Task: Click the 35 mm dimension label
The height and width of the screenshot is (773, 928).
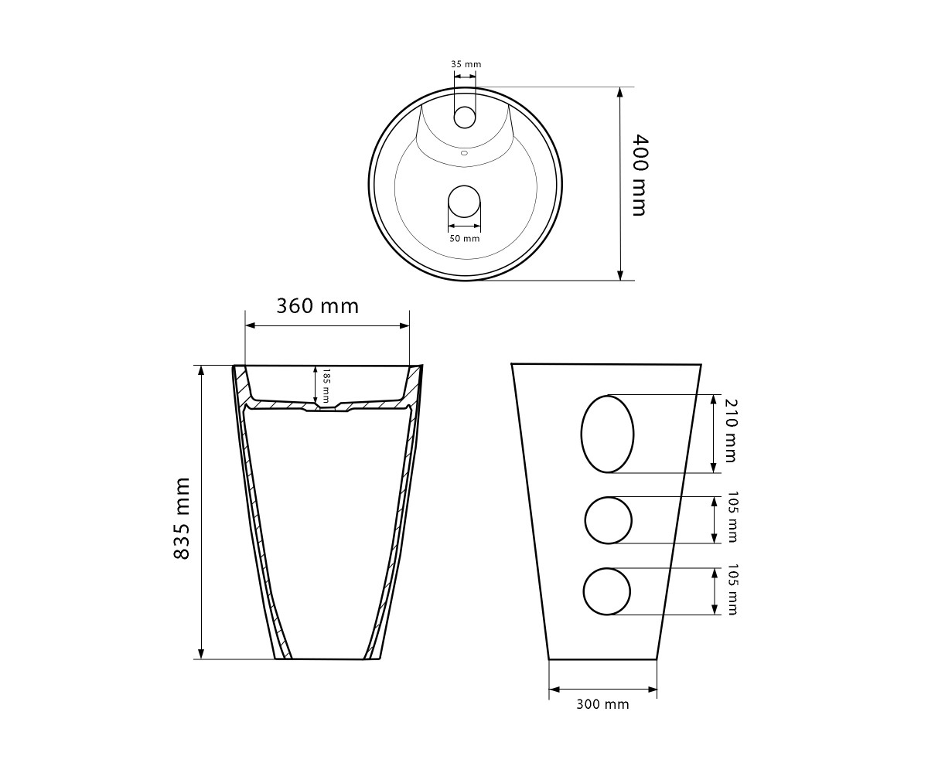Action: tap(466, 64)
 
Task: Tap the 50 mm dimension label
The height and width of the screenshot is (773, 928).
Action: tap(465, 239)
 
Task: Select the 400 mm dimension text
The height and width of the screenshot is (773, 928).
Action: tap(640, 175)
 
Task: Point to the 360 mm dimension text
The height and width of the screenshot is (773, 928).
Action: tap(317, 306)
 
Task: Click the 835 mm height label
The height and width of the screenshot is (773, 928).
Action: tap(182, 518)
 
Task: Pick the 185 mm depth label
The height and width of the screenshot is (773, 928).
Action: tap(326, 385)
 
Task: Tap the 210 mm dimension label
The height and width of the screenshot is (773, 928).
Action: tap(731, 431)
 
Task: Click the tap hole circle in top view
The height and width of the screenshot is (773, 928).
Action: tap(465, 117)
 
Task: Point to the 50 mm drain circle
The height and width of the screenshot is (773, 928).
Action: tap(465, 201)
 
